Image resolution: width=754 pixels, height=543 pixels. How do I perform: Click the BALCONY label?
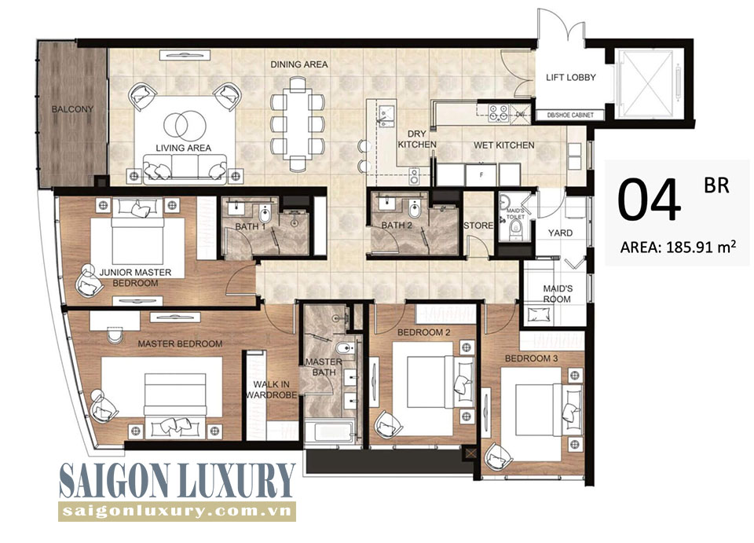click(x=72, y=109)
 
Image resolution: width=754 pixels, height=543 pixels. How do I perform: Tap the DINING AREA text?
click(x=299, y=64)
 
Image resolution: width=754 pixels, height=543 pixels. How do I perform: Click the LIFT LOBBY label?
click(x=571, y=77)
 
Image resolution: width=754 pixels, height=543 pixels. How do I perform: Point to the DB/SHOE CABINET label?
click(x=570, y=115)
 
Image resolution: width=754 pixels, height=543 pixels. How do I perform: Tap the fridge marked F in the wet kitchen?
click(x=481, y=175)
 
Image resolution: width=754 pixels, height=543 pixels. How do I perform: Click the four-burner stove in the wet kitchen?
click(x=498, y=112)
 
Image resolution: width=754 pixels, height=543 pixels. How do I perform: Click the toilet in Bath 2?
click(x=415, y=210)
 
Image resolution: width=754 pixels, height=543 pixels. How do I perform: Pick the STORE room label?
click(x=478, y=225)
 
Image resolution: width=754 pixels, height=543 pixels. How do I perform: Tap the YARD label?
click(x=560, y=233)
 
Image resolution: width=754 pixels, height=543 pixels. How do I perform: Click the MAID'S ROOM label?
click(x=558, y=293)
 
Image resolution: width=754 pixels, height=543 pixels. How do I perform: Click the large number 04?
click(x=650, y=200)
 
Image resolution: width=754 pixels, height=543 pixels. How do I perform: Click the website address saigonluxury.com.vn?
click(x=177, y=512)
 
